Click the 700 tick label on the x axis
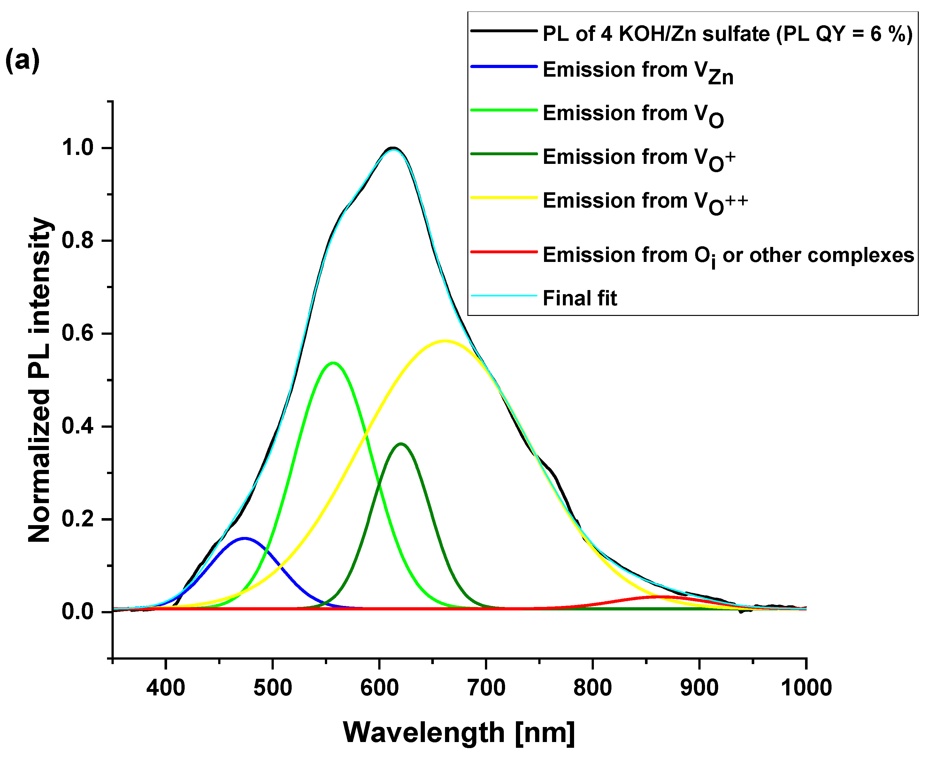[x=486, y=688]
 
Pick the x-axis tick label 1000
[x=806, y=688]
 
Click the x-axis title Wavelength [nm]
[x=459, y=732]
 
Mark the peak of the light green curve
[x=333, y=363]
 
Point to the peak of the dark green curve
[x=401, y=444]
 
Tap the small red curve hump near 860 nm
[x=659, y=596]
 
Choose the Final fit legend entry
[x=579, y=299]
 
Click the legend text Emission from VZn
[x=637, y=72]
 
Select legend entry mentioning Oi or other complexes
[x=728, y=256]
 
